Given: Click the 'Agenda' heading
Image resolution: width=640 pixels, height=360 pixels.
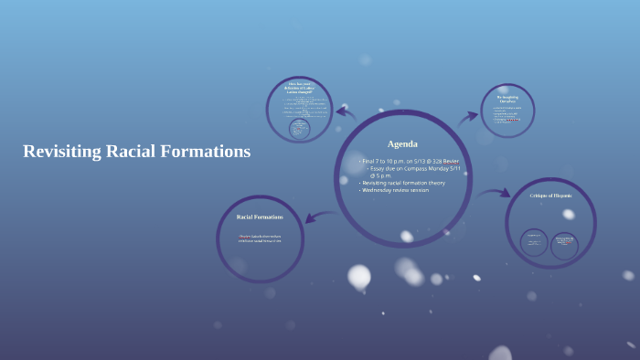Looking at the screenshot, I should tap(402, 144).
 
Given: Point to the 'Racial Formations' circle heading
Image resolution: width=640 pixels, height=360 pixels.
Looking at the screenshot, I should tap(260, 217).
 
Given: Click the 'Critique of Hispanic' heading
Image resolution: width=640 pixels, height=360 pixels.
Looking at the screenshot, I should tap(550, 196).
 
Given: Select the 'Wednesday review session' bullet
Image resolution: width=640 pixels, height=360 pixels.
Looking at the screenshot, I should tap(396, 190).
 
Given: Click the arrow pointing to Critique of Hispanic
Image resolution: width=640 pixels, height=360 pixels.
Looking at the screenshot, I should tap(495, 193).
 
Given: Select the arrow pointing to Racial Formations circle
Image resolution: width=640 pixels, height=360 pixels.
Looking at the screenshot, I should tap(314, 217).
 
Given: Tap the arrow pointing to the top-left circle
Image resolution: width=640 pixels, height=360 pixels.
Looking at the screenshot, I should tap(345, 111).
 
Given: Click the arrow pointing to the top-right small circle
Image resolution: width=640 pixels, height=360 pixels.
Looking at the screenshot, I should tap(469, 116).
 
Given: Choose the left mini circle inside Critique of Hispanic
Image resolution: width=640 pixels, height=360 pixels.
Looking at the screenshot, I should tap(534, 241).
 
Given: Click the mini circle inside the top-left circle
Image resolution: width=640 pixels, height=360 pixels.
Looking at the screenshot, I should tap(299, 129).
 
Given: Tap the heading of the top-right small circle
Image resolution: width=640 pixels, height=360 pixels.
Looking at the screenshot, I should tap(507, 98).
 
